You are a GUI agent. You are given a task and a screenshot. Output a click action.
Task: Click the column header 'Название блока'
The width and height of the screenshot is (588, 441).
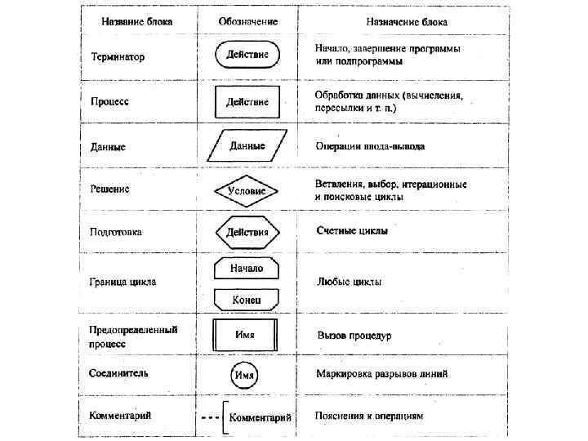(136, 20)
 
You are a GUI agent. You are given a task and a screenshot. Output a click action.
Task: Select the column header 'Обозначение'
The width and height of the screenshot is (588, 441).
(247, 20)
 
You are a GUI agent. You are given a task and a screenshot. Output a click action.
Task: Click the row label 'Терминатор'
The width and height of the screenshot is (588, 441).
(118, 58)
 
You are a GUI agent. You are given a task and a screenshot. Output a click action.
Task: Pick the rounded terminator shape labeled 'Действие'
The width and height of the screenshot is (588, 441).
(247, 56)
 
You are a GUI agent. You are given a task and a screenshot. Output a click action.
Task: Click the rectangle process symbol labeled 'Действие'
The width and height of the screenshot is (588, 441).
(247, 102)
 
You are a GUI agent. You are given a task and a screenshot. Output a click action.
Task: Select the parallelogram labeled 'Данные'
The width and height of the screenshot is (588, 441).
(247, 146)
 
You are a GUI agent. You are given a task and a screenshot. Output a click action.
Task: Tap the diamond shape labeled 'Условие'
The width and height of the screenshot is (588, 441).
(247, 190)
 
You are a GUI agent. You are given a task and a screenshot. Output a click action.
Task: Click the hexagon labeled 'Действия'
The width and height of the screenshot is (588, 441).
(247, 232)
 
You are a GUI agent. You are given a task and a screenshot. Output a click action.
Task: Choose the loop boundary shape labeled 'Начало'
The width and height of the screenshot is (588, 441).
(247, 268)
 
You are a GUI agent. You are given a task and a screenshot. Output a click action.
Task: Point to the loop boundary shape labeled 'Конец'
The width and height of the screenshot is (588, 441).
(247, 300)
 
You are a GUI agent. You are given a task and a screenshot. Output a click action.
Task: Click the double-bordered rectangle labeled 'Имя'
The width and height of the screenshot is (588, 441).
(246, 335)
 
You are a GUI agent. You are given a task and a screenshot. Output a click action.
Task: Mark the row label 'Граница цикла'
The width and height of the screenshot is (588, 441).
(122, 283)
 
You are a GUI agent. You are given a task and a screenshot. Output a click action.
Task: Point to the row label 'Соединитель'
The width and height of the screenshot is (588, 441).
(118, 373)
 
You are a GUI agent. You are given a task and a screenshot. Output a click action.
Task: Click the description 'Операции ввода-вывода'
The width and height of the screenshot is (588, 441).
(370, 147)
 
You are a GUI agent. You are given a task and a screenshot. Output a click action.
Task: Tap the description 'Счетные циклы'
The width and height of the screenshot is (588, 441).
(352, 231)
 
